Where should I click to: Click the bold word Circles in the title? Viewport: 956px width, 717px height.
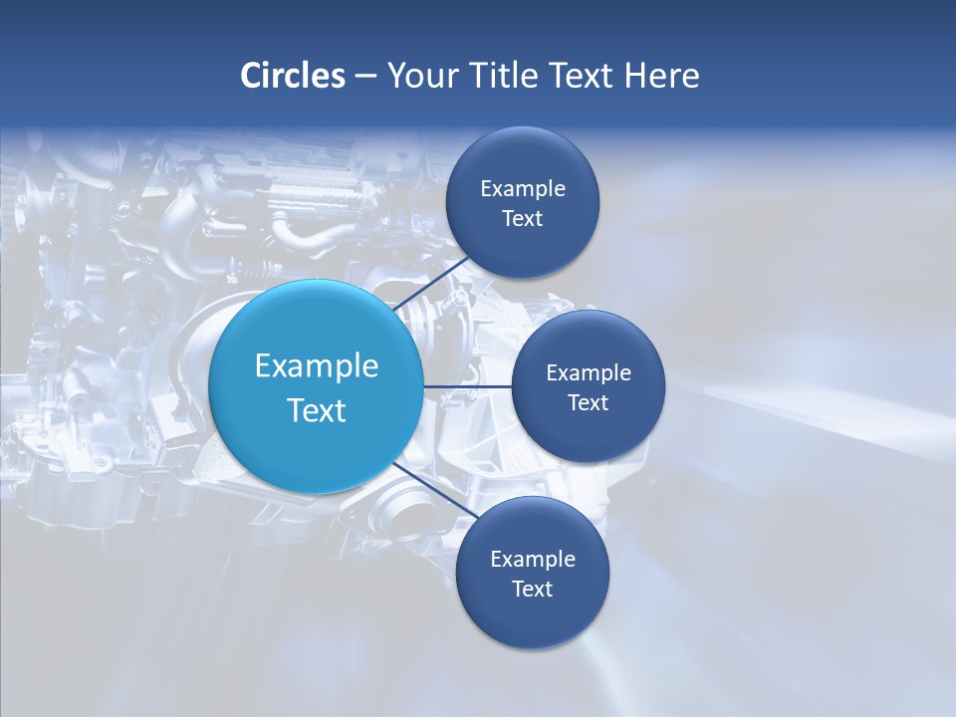coord(292,76)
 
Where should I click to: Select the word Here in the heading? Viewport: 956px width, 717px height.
coord(662,76)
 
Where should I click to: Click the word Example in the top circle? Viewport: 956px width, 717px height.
coord(523,189)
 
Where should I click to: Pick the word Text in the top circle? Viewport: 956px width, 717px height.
coord(523,219)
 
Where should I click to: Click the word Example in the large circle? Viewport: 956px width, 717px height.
coord(317,365)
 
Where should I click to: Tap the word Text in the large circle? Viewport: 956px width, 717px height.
coord(317,410)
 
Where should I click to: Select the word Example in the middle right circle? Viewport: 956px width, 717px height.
coord(589,373)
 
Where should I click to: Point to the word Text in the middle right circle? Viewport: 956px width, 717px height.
coord(589,403)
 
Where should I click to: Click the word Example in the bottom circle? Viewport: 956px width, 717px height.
coord(533,560)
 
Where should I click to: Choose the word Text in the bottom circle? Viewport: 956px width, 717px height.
coord(533,590)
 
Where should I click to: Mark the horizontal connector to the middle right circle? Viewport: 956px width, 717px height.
coord(468,386)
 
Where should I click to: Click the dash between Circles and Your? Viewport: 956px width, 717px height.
coord(364,76)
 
